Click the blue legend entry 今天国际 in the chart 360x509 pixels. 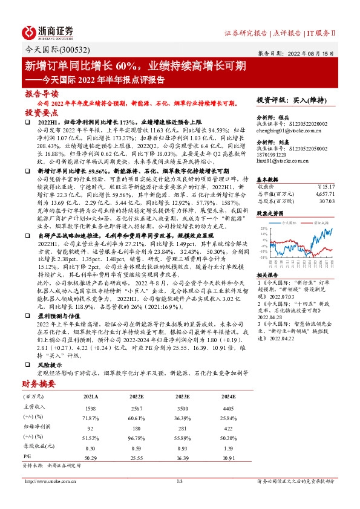point(295,222)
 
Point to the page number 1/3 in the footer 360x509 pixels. point(179,481)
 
